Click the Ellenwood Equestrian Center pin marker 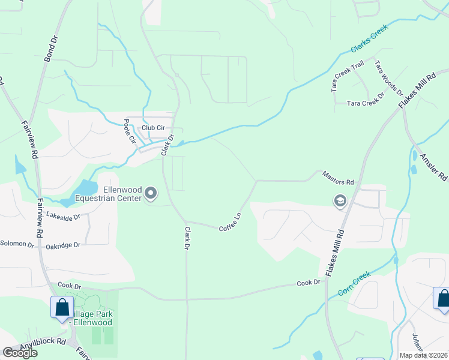[151, 193]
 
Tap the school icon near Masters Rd [340, 201]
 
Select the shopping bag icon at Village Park [62, 308]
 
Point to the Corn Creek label [354, 283]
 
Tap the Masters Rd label [338, 178]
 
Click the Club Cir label [153, 128]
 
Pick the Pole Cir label [128, 131]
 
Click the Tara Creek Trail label [348, 76]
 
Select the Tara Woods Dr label [388, 78]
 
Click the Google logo [20, 353]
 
